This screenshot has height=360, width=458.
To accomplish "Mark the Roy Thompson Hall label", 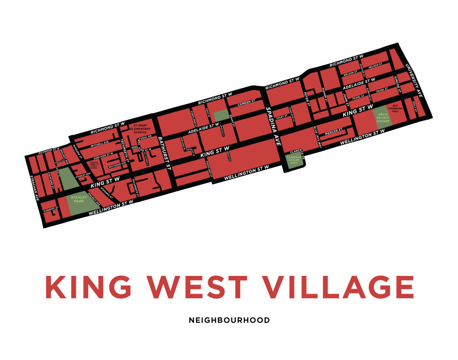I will coord(395,109).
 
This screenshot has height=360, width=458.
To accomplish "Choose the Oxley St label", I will coord(283,116).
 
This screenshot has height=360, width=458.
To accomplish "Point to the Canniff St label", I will coord(49,210).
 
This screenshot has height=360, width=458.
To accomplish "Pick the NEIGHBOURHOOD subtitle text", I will coord(229,320).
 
